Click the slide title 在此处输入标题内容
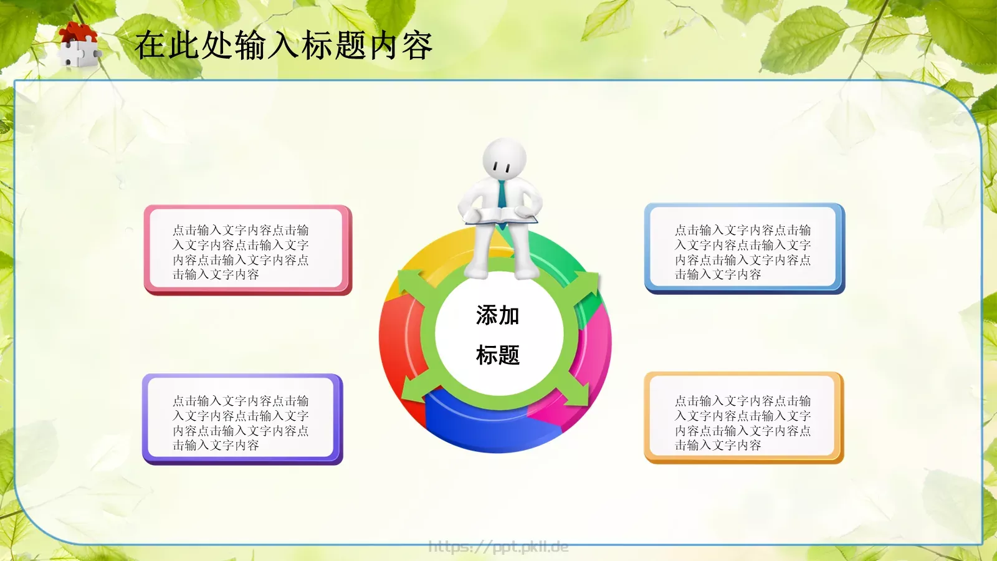click(284, 46)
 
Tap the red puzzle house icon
click(79, 44)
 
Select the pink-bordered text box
click(247, 250)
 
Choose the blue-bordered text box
click(744, 248)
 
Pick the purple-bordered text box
click(242, 419)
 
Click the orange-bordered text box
click(743, 418)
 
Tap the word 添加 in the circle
click(497, 315)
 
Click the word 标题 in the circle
click(497, 355)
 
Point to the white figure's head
click(505, 159)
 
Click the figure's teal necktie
click(502, 193)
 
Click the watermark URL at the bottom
click(499, 547)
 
